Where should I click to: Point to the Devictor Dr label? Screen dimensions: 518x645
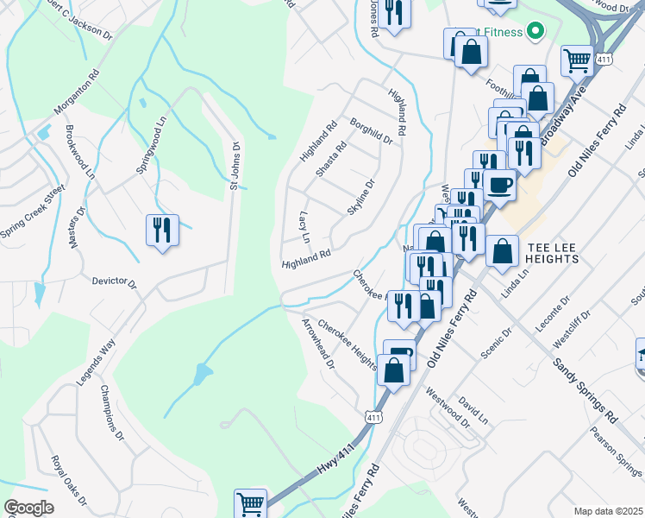coord(115,281)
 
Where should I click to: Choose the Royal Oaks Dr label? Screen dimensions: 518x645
coord(68,481)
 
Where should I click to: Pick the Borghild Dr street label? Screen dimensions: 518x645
coord(372,131)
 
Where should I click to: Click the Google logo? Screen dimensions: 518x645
coord(28,508)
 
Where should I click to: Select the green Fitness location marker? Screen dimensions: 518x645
coord(535,33)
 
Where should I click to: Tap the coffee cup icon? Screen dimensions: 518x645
coord(499,184)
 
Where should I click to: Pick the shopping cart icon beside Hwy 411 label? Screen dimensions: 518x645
coord(250,502)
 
